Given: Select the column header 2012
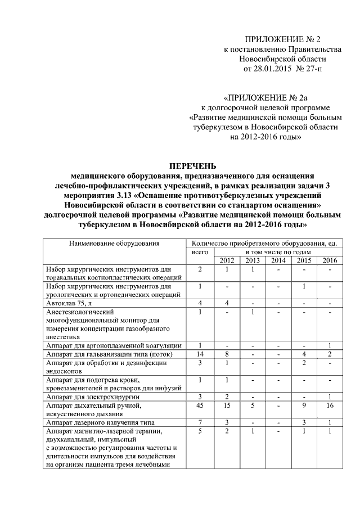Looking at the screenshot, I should (x=227, y=260).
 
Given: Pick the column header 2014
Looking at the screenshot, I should (x=278, y=260).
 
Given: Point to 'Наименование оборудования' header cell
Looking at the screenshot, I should (x=114, y=244).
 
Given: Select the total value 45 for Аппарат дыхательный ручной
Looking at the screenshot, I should (x=199, y=406).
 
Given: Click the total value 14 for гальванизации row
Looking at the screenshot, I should (x=199, y=354).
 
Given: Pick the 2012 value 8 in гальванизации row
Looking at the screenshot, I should (x=227, y=354).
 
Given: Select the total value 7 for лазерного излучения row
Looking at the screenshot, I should (x=199, y=422).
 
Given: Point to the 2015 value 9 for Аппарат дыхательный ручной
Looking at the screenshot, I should (x=304, y=406).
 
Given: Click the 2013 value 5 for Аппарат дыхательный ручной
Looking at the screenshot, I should (x=253, y=406).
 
